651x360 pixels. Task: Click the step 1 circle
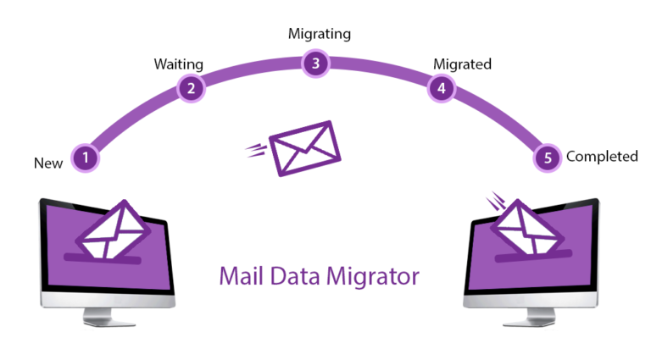click(x=85, y=157)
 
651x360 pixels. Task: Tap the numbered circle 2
click(x=192, y=87)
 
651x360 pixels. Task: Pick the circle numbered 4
click(x=440, y=87)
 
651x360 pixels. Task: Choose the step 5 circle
click(x=548, y=157)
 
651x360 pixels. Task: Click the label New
click(x=48, y=163)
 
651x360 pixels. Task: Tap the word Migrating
click(x=319, y=35)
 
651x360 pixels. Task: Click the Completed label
click(x=602, y=157)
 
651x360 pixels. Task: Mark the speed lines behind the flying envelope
click(x=255, y=151)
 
